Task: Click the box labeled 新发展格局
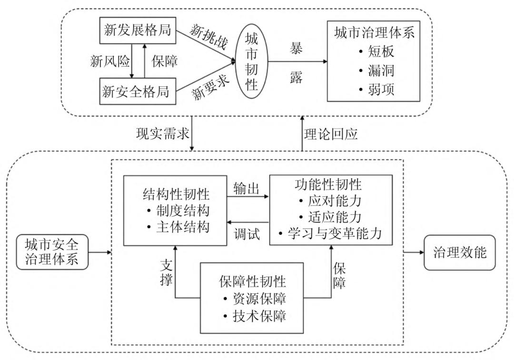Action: (x=138, y=30)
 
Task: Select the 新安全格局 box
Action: (x=138, y=91)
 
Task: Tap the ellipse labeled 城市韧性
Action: (x=252, y=61)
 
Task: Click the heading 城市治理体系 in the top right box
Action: (x=374, y=33)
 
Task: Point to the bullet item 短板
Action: (x=376, y=52)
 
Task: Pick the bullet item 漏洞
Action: (x=376, y=70)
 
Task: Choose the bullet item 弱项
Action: (x=376, y=89)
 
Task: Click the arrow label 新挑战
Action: (x=209, y=37)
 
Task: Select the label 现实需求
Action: (x=163, y=134)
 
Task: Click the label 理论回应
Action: (x=330, y=134)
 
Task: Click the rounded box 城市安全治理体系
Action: (x=52, y=252)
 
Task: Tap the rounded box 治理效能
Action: (x=460, y=253)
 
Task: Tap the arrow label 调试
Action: (x=247, y=234)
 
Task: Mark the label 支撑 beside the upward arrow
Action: (x=166, y=273)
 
